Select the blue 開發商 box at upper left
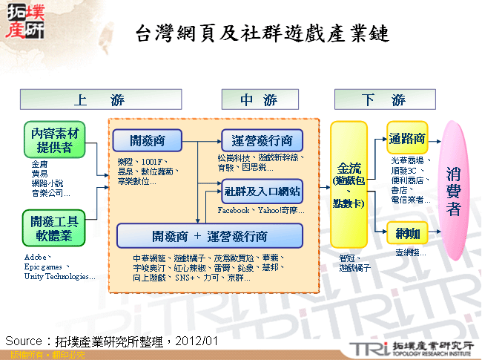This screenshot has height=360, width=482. tap(147, 140)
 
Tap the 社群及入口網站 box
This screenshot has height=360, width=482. tap(263, 192)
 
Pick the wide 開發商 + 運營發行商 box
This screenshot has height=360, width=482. tap(210, 236)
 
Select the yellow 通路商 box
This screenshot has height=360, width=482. tap(407, 138)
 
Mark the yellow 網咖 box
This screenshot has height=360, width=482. tap(407, 233)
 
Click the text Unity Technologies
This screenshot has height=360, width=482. tap(59, 277)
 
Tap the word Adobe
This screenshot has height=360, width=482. tap(37, 257)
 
